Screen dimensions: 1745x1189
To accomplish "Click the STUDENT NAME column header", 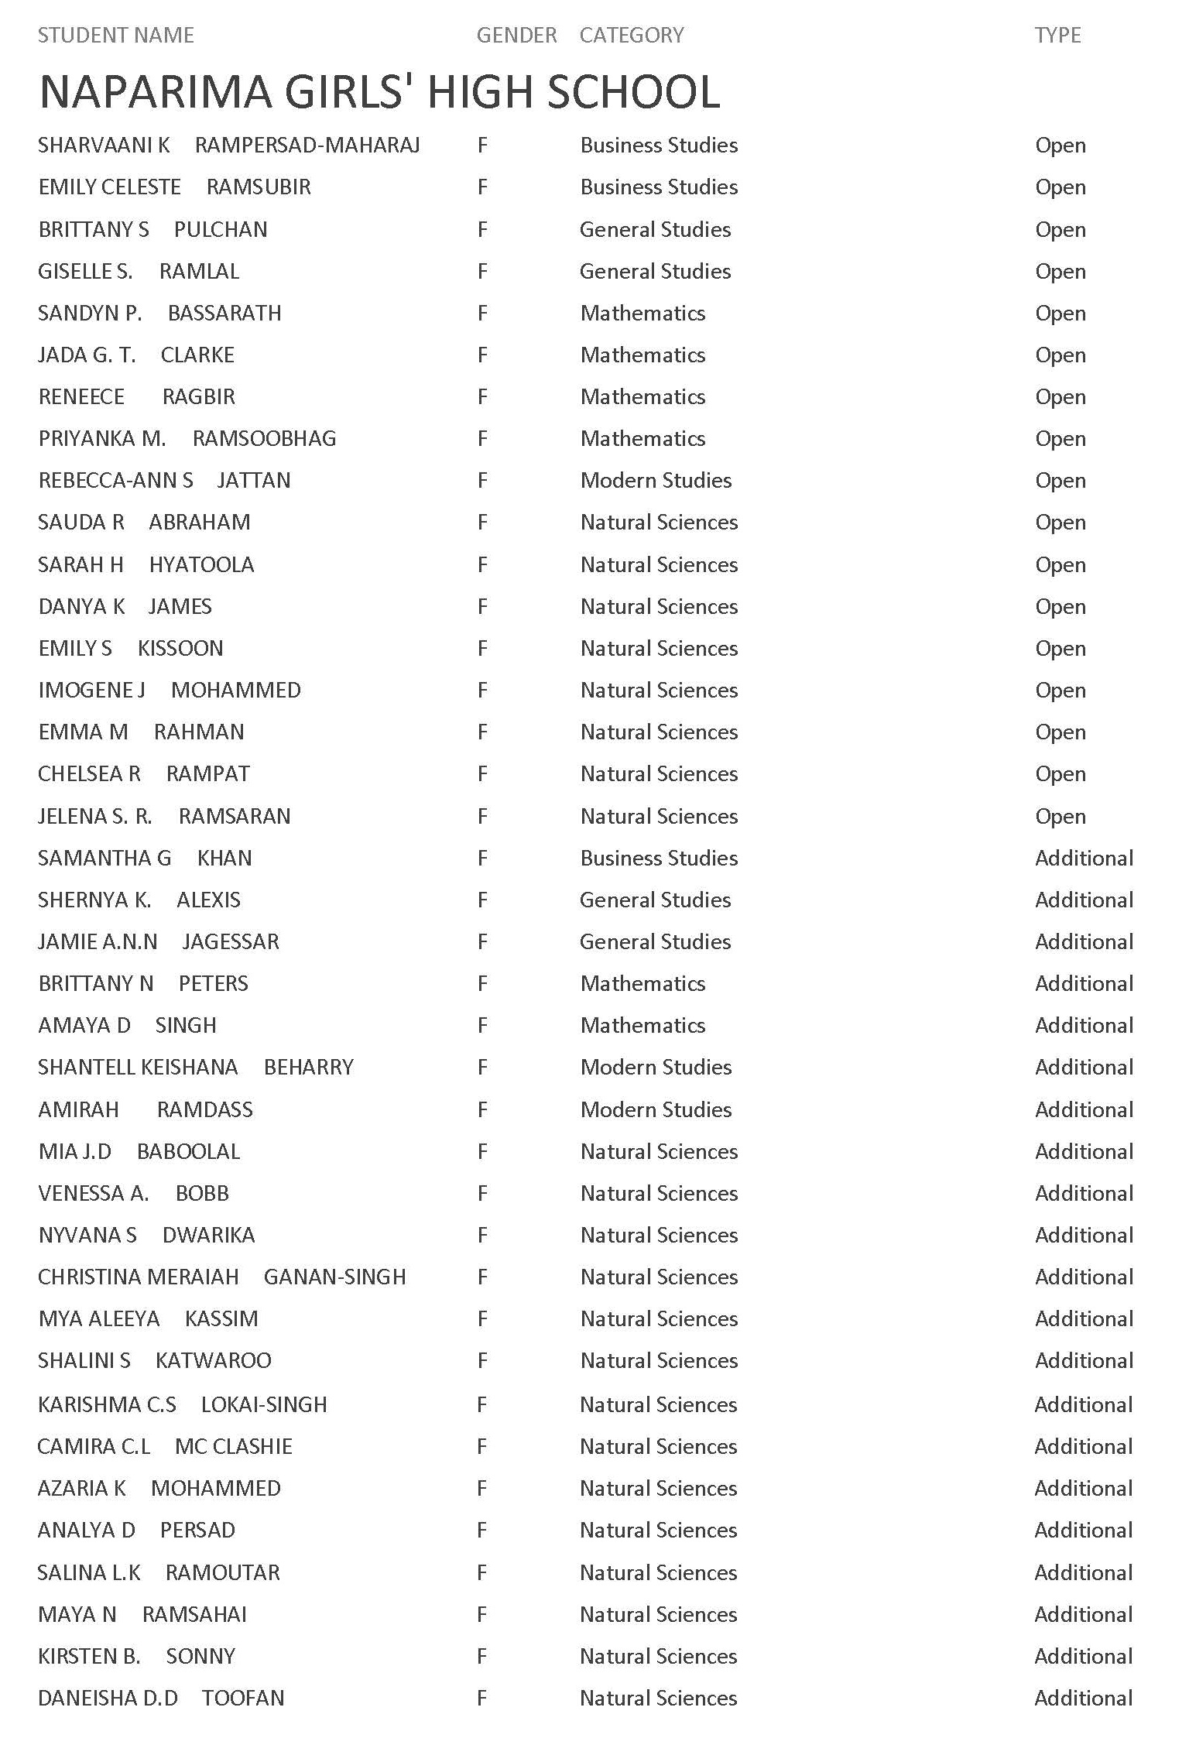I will [116, 36].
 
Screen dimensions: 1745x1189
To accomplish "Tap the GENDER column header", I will [516, 36].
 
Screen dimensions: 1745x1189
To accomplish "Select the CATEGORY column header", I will [632, 36].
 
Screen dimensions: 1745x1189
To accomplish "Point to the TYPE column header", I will [1057, 36].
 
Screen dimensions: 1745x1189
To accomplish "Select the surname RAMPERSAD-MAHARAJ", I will [307, 146].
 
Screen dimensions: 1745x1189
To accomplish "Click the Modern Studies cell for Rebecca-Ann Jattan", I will [656, 481].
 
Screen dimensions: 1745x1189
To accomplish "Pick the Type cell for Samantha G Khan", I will [1084, 859].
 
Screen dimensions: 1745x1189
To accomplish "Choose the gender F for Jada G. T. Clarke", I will [482, 355].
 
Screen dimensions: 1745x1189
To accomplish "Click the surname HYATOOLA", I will [201, 565].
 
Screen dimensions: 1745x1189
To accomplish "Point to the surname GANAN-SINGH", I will [334, 1277].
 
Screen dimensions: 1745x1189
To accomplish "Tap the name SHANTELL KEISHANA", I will [138, 1068].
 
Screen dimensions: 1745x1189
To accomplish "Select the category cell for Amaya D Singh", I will [642, 1026].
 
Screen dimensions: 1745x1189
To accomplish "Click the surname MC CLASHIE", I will [234, 1447].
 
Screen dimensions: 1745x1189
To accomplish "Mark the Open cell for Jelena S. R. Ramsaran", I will [1061, 817].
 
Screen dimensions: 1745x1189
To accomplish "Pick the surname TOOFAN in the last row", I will [243, 1699].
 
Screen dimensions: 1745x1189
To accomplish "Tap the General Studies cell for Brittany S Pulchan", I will [655, 230].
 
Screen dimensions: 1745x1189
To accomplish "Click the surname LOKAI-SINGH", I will [264, 1405].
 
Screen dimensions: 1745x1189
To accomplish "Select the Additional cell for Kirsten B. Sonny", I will [1084, 1657].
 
